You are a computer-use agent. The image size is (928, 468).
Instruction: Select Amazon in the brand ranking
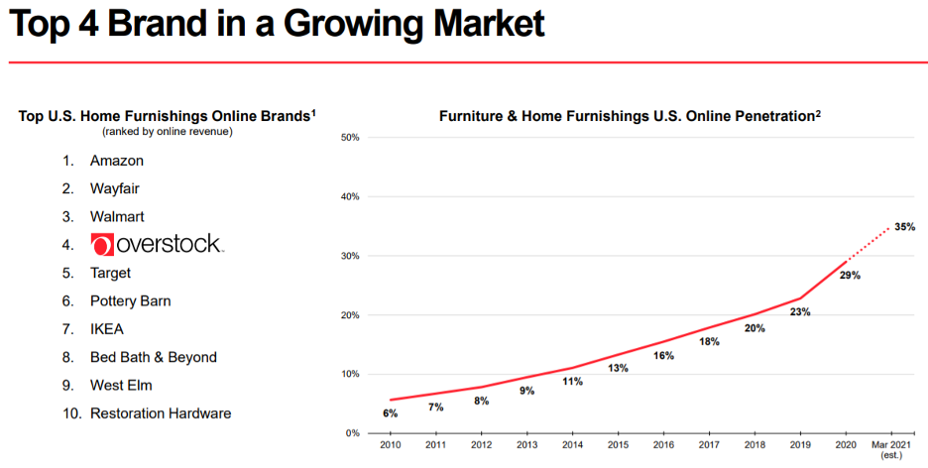point(116,161)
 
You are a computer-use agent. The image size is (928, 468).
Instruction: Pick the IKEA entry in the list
point(107,329)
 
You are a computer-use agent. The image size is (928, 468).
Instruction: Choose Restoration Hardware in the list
point(161,413)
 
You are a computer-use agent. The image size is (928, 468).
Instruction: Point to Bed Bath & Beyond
point(153,357)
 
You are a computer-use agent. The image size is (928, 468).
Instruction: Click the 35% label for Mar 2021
point(904,227)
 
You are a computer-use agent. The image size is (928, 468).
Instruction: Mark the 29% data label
point(849,275)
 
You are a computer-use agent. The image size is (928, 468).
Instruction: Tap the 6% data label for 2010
point(390,413)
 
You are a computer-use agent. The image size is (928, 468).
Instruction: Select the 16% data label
point(663,355)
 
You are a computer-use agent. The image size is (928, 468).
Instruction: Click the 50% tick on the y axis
point(349,137)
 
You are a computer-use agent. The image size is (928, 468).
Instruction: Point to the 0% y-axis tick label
point(352,433)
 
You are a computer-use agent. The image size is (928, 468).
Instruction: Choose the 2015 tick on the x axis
point(618,447)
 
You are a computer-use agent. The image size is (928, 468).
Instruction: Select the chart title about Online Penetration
point(630,117)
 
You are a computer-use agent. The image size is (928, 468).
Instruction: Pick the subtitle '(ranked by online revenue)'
point(167,131)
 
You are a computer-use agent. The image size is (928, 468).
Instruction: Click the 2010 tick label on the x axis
point(390,447)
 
